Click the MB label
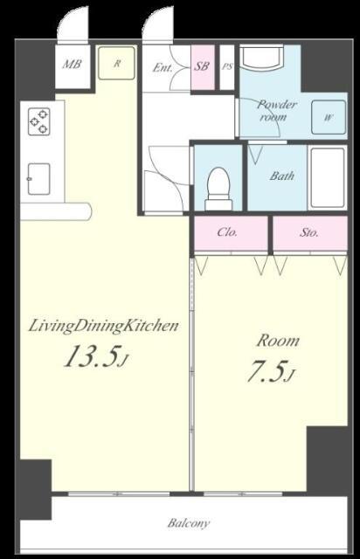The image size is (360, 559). coord(72,65)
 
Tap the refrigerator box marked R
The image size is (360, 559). coord(117,62)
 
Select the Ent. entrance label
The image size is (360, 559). coord(163,67)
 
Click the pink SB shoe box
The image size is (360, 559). coord(203,67)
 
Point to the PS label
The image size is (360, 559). coord(227,66)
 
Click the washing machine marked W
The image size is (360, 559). coord(329,117)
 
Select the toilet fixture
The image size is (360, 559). coord(218,189)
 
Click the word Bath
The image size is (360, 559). coord(282,176)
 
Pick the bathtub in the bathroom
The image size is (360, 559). coord(327,178)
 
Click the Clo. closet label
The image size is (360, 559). coord(227,232)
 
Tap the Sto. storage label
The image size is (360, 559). coord(309,232)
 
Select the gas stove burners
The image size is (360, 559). coord(39,121)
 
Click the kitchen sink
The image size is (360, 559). coord(39,179)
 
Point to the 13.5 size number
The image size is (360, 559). coord(91,356)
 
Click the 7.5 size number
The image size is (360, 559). coord(267,370)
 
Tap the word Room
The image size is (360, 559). coord(278,341)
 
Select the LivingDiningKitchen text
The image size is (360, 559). coord(103,326)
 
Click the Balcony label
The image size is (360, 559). coord(189,523)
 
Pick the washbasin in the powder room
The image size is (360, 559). coord(262,58)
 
